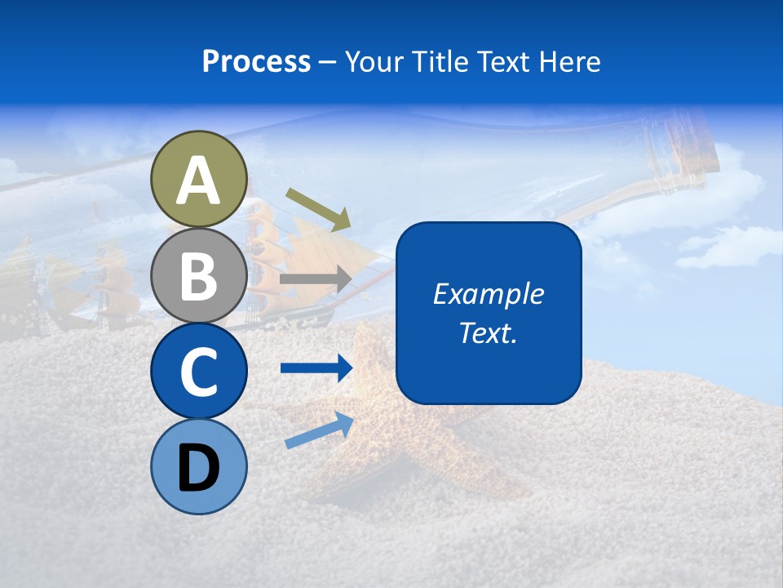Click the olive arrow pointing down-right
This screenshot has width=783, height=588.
pos(318,209)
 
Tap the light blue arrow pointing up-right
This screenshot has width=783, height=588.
pos(319,430)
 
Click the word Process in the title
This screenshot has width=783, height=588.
pos(256,61)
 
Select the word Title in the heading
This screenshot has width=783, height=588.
pos(441,61)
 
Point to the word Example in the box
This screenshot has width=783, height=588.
pos(489,294)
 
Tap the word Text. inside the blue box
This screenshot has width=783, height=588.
pos(489,332)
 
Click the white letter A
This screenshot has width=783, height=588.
pos(199,180)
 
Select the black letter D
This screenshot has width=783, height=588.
pos(199,467)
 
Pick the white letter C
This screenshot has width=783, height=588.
pos(199,372)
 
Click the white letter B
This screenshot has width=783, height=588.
pos(199,276)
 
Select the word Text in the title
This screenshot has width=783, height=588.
pos(504,61)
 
